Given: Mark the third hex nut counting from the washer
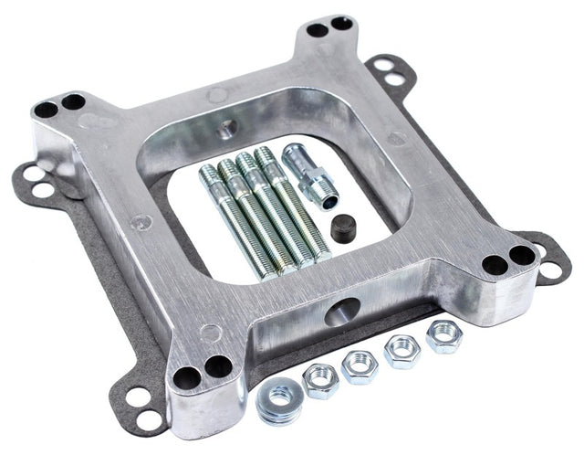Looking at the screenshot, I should [401, 351].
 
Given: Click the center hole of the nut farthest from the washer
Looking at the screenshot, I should [443, 334].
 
